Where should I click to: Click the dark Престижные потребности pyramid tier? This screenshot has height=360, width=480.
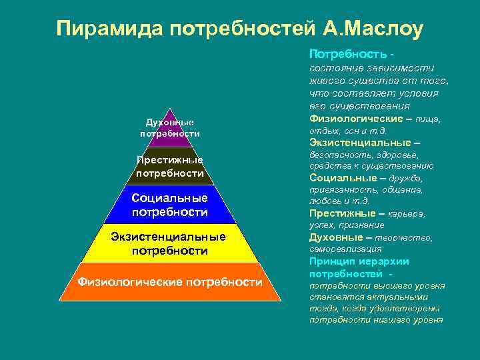tap(170, 167)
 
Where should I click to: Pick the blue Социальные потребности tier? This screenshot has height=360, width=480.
tap(170, 205)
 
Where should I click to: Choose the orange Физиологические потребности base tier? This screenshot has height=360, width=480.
tap(170, 282)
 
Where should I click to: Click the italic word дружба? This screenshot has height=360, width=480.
tap(409, 179)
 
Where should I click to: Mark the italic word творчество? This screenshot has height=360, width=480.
tap(407, 237)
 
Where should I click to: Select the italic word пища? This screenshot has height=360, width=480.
tap(429, 119)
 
